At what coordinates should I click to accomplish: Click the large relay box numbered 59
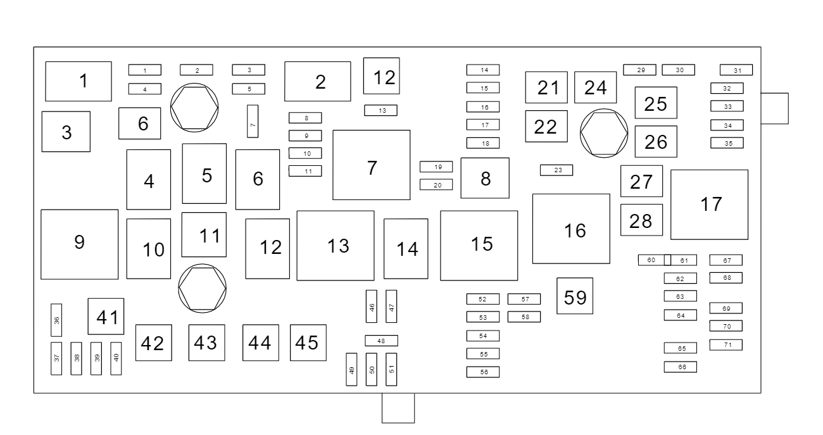tap(575, 296)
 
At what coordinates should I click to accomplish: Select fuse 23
tap(556, 170)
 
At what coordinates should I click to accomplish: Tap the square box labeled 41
tap(106, 316)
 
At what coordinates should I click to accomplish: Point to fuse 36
tap(56, 320)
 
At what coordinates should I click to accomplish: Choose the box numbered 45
tap(308, 343)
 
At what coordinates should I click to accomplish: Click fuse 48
tap(381, 341)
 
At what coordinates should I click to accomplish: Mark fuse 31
tap(736, 70)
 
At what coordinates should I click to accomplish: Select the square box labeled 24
tap(595, 87)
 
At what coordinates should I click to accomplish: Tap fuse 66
tap(680, 367)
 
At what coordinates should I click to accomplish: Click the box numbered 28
tap(641, 220)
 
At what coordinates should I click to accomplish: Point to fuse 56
tap(482, 372)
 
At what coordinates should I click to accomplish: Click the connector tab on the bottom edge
tap(398, 408)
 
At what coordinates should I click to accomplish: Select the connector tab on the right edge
tap(775, 108)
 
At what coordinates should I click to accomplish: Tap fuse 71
tap(726, 344)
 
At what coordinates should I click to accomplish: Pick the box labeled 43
tap(206, 343)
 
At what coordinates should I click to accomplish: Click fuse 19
tap(436, 167)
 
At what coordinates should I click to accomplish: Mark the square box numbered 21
tap(546, 87)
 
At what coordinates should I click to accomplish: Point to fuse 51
tap(391, 369)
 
